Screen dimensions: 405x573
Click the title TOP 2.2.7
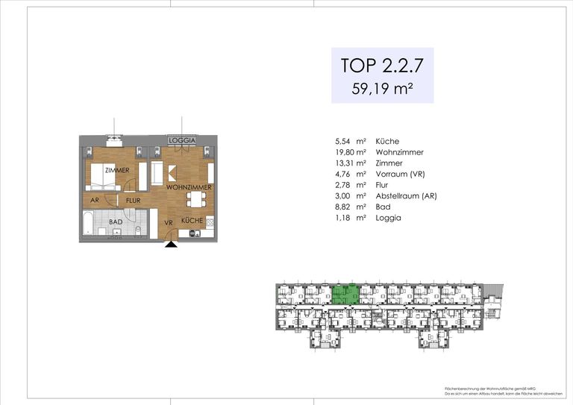point(382,65)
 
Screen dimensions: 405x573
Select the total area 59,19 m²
point(382,88)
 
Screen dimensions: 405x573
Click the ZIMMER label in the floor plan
point(117,171)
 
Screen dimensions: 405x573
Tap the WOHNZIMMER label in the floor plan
point(188,187)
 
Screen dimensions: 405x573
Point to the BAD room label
point(116,222)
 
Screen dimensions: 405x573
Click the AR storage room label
point(95,201)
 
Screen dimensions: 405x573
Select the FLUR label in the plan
point(134,201)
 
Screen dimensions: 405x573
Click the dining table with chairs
point(196,199)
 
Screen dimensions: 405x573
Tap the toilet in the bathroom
point(139,230)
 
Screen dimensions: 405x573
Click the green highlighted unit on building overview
point(345,295)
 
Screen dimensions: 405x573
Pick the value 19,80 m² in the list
point(350,152)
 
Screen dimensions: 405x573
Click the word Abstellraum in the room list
point(398,196)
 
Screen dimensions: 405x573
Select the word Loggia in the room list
point(388,218)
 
